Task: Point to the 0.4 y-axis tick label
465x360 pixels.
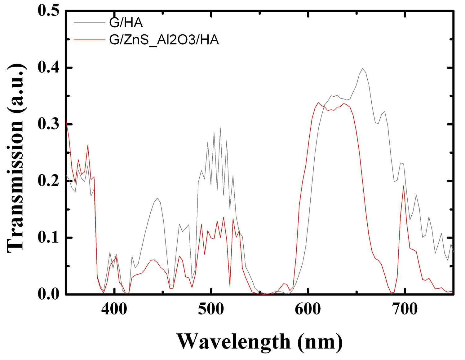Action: pyautogui.click(x=48, y=68)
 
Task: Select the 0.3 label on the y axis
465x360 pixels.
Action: pyautogui.click(x=48, y=124)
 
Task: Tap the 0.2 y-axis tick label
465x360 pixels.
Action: pyautogui.click(x=48, y=181)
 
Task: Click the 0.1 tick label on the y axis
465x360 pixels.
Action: pyautogui.click(x=48, y=238)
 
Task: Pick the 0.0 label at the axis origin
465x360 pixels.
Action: pyautogui.click(x=48, y=294)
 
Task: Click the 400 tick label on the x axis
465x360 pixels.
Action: pyautogui.click(x=114, y=309)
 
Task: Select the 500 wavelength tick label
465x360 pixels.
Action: pyautogui.click(x=211, y=309)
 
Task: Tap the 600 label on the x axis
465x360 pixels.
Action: pyautogui.click(x=308, y=309)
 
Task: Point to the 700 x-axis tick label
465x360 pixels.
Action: pyautogui.click(x=405, y=309)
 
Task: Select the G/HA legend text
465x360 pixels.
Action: pyautogui.click(x=126, y=23)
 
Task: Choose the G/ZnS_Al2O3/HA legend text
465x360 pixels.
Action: pyautogui.click(x=164, y=40)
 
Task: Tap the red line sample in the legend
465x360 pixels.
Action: pyautogui.click(x=90, y=40)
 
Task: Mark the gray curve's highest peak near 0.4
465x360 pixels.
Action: pyautogui.click(x=362, y=68)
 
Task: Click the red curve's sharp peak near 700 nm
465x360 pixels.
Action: pyautogui.click(x=404, y=186)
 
